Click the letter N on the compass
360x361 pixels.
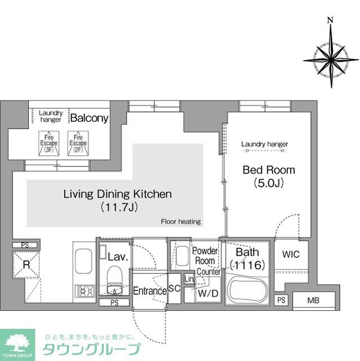(330, 21)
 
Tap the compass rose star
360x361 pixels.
(331, 58)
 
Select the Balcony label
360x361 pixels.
(89, 118)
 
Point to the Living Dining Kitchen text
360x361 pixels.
(117, 195)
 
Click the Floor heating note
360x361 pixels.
(181, 222)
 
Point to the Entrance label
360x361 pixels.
(149, 291)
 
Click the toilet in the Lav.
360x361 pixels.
(115, 280)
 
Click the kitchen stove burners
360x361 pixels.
(86, 292)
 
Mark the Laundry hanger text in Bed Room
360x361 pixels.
(264, 144)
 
